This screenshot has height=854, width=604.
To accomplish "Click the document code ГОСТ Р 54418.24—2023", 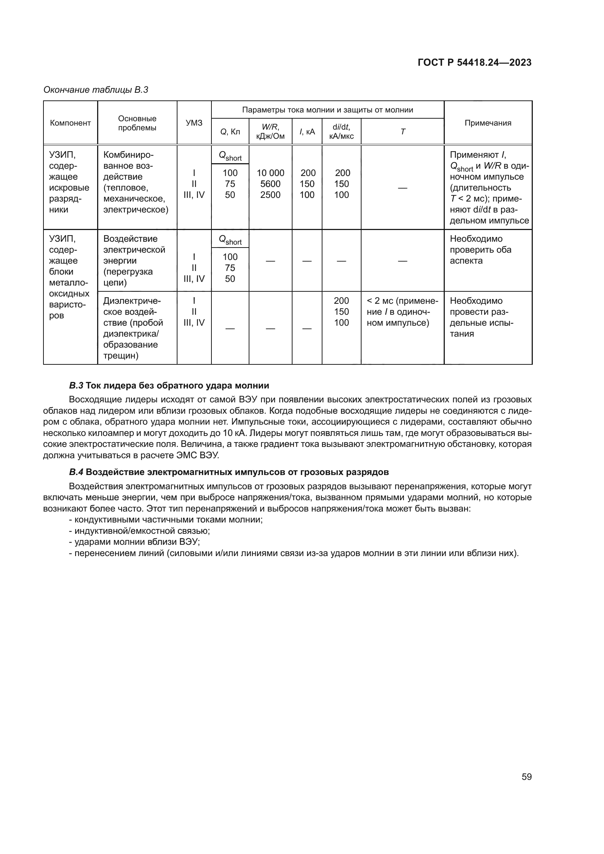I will click(474, 62).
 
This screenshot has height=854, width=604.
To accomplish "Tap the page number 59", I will click(526, 777).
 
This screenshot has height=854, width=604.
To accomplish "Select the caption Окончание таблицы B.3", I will click(96, 90).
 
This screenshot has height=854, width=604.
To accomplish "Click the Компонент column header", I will click(70, 123).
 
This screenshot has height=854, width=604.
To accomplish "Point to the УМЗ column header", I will click(194, 123).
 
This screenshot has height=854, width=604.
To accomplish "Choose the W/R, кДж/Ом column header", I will click(270, 132).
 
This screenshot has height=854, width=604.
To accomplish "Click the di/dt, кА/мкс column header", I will click(341, 132).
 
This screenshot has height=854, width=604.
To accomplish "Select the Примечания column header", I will click(488, 123).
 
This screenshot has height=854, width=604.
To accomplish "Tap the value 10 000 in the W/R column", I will click(270, 173).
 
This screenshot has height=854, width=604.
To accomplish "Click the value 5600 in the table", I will click(270, 184).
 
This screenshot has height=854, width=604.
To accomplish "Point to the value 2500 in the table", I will click(270, 195).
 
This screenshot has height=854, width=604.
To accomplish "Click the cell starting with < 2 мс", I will click(402, 312).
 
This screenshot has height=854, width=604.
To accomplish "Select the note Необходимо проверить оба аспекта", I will click(480, 250).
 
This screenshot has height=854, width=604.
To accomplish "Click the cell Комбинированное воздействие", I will click(136, 182).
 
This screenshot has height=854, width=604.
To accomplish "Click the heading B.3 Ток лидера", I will click(169, 385).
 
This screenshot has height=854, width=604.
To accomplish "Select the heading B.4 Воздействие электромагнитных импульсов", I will click(229, 472).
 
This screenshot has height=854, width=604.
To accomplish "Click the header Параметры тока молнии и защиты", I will click(327, 110).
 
